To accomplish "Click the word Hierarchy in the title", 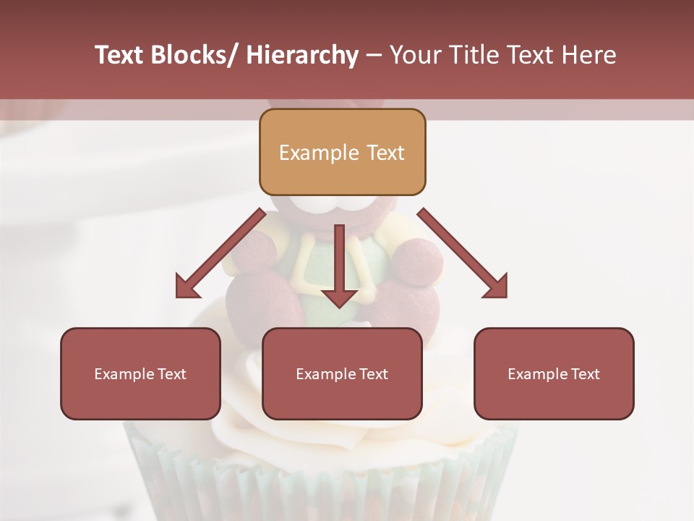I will [302, 56].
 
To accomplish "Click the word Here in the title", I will [587, 56].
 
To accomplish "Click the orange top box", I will [342, 152].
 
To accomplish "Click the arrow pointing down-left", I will [220, 253].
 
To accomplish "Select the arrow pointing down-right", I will [463, 253].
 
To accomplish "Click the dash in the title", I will [374, 56].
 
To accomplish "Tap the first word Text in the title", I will [120, 56].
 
